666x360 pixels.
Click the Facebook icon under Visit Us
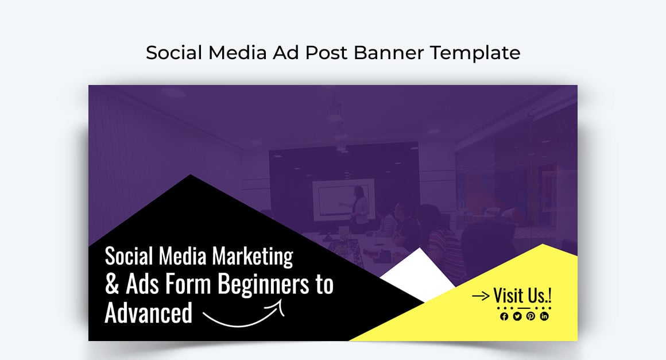(504, 316)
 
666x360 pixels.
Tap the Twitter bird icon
(517, 316)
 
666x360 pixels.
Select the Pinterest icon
(531, 316)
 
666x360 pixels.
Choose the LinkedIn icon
(544, 316)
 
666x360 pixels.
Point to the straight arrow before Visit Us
(481, 296)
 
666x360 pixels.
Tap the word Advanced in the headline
(148, 313)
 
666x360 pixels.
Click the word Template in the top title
(475, 52)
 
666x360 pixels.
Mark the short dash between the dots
(524, 308)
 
